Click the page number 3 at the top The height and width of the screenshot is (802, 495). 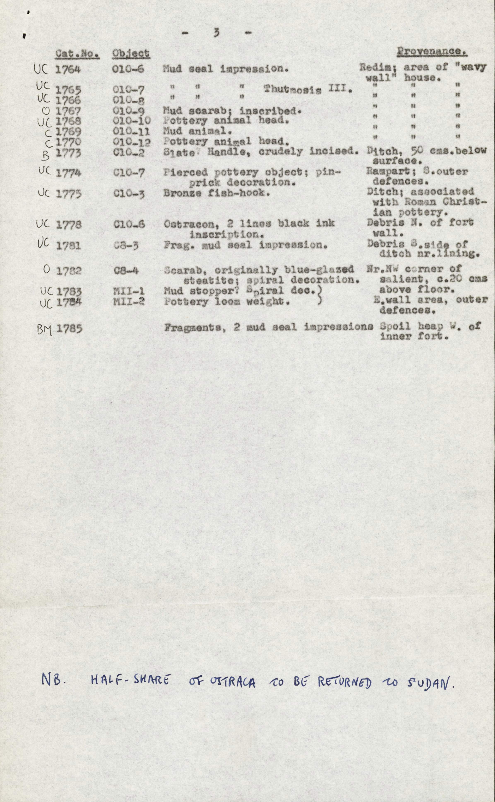click(x=216, y=33)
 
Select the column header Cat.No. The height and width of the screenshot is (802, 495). click(x=77, y=53)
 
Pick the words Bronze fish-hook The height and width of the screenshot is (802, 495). click(x=216, y=192)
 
